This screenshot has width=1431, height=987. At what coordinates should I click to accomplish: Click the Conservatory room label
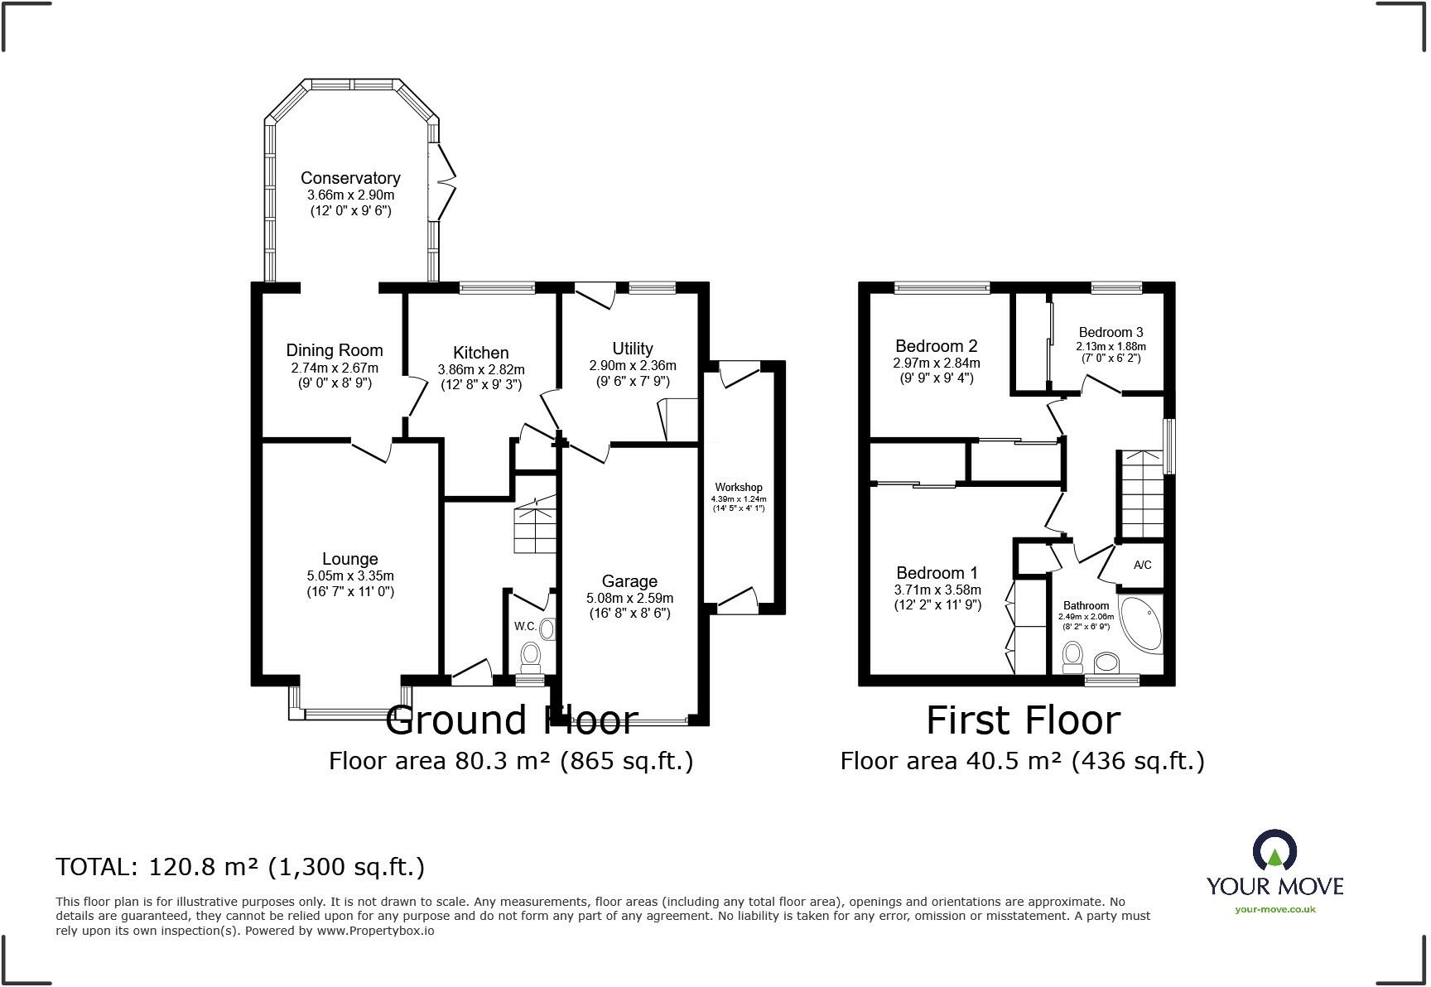click(x=350, y=178)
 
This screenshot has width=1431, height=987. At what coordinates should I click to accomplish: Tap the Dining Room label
click(x=335, y=351)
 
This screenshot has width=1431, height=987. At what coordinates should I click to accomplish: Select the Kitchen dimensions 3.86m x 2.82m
click(x=481, y=369)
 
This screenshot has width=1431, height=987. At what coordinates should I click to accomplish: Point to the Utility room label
click(x=633, y=349)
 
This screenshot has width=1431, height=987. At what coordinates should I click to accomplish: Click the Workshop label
click(x=739, y=487)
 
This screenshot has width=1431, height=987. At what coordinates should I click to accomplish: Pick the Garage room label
click(x=629, y=581)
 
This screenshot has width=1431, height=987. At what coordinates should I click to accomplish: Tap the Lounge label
click(x=350, y=559)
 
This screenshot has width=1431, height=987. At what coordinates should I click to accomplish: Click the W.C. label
click(x=526, y=626)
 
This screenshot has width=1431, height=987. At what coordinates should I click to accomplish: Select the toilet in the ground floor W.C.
click(x=530, y=657)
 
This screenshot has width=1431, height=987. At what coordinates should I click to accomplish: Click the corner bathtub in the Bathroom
click(x=1140, y=623)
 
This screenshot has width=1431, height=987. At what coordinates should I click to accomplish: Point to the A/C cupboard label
click(x=1142, y=565)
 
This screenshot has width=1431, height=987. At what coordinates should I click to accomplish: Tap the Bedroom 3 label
click(x=1111, y=332)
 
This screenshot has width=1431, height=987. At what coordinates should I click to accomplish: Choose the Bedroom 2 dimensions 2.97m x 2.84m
click(x=936, y=363)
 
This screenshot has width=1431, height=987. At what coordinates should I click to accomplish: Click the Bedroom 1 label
click(x=937, y=573)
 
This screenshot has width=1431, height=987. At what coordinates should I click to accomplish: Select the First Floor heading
click(x=1023, y=720)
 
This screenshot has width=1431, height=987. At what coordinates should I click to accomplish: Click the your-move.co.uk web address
click(x=1274, y=909)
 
